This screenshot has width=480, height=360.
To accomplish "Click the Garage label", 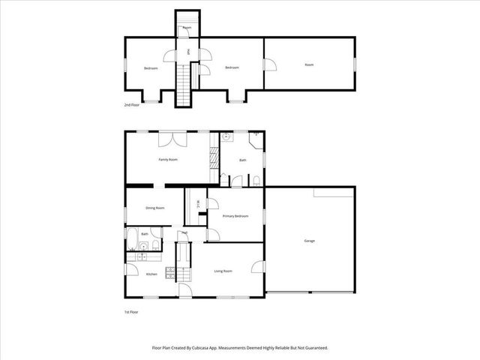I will click(x=309, y=241).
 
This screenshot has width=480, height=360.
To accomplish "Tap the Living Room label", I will click(x=223, y=271).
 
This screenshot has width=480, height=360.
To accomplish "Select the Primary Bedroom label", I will click(x=235, y=216).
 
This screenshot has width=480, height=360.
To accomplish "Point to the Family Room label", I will click(x=167, y=160).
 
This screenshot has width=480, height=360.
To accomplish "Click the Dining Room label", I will click(x=154, y=208).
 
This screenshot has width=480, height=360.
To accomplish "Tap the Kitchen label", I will click(x=151, y=274).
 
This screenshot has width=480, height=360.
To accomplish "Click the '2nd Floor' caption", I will click(x=132, y=105).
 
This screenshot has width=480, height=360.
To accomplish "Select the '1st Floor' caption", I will click(x=131, y=311).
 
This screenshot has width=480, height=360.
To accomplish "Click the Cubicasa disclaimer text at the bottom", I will click(x=240, y=348).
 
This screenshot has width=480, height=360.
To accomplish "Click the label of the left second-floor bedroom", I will click(x=151, y=68).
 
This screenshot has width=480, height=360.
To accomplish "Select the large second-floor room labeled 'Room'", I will click(x=309, y=65).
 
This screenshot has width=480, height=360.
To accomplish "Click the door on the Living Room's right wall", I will click(x=258, y=265).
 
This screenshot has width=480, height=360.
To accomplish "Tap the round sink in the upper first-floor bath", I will click(x=225, y=138).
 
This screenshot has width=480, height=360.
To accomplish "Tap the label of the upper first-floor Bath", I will click(x=242, y=160).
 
